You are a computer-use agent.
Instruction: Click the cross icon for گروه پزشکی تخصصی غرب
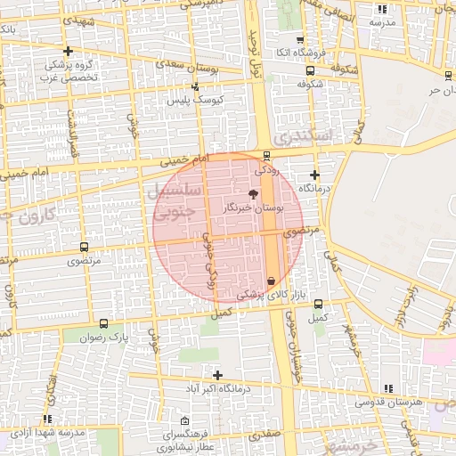click(68, 51)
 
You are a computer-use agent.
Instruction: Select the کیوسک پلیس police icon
click(195, 86)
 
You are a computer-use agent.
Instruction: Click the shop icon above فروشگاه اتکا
click(299, 40)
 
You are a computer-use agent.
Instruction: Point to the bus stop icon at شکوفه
click(309, 72)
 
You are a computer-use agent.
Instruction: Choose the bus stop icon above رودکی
click(266, 155)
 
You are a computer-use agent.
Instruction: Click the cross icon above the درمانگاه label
click(314, 175)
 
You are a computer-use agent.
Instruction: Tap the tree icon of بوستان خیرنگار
click(253, 193)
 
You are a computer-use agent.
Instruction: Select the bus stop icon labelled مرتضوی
click(84, 248)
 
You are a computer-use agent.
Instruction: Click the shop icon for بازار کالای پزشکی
click(271, 281)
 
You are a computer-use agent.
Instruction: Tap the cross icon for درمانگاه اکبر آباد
click(217, 375)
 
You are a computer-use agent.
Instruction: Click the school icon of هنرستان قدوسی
click(387, 388)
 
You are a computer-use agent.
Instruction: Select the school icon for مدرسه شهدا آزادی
click(46, 418)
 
